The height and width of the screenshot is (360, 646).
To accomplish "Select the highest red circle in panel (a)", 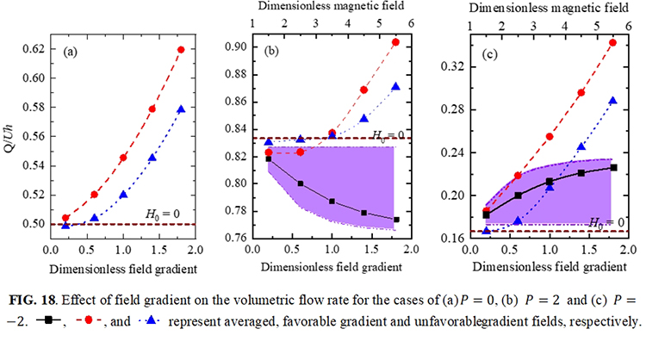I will click(181, 49).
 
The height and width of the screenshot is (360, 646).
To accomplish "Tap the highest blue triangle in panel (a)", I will click(181, 109).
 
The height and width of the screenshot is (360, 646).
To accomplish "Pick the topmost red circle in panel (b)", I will click(396, 42).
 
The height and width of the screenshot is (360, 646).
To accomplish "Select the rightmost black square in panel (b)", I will click(396, 220).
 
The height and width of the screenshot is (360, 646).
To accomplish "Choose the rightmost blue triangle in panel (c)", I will click(613, 101).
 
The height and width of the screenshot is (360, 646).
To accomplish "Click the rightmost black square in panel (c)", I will click(613, 167).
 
